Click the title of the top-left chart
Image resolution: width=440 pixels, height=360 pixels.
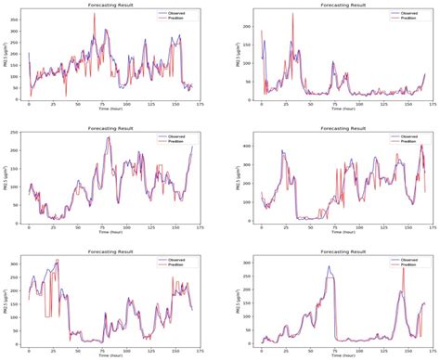pyautogui.click(x=112, y=5)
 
